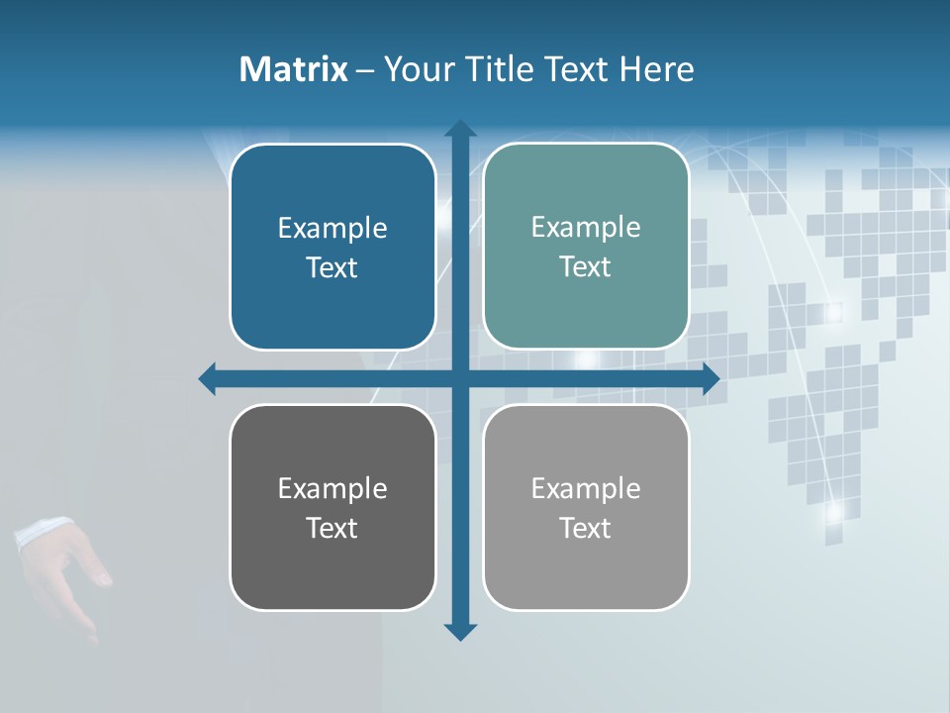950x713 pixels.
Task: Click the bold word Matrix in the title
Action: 293,69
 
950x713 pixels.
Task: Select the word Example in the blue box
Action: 332,229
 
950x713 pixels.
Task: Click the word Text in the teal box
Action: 585,267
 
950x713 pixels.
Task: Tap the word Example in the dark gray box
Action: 332,488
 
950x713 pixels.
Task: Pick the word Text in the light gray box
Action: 585,528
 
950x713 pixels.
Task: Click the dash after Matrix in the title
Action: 365,70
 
